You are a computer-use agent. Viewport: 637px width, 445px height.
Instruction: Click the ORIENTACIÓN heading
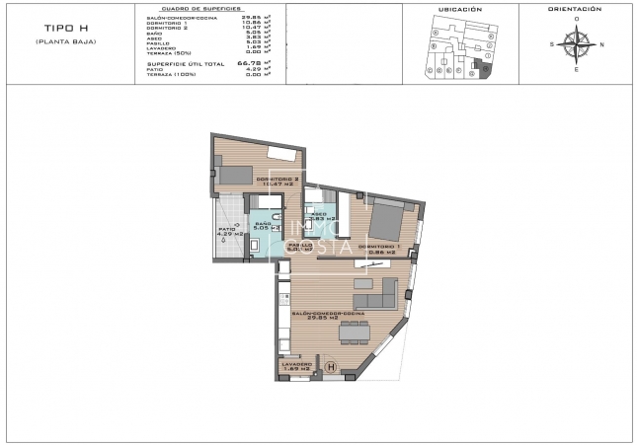[x=575, y=9]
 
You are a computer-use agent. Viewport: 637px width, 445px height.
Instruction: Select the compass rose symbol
[x=574, y=44]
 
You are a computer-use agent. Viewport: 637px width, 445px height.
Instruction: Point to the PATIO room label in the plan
[x=227, y=232]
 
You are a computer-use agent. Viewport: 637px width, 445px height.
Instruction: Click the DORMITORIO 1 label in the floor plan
[x=377, y=248]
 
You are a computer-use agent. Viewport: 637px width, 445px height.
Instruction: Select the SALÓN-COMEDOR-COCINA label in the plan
[x=328, y=315]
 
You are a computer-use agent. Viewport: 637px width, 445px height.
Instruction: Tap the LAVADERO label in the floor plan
[x=296, y=366]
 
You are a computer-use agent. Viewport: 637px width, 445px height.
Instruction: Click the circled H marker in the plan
[x=330, y=369]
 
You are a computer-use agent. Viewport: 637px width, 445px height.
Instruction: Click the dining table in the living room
[x=352, y=333]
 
